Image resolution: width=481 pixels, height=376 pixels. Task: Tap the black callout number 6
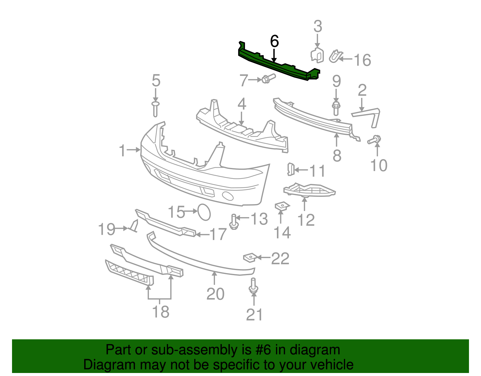[274, 41]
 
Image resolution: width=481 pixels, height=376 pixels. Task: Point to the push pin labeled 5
[155, 109]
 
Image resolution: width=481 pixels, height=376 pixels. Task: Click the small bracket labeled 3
[317, 55]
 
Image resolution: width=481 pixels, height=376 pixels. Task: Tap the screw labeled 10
[374, 140]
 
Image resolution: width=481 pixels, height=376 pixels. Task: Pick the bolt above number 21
[254, 286]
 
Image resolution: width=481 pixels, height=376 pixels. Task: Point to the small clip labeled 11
[290, 169]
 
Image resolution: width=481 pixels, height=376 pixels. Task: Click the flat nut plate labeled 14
[282, 207]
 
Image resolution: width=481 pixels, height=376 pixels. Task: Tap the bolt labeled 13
[234, 222]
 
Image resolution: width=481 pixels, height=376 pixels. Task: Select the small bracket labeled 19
[134, 226]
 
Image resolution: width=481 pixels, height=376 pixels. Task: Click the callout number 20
[215, 294]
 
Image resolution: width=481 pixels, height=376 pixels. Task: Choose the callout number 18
[161, 312]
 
